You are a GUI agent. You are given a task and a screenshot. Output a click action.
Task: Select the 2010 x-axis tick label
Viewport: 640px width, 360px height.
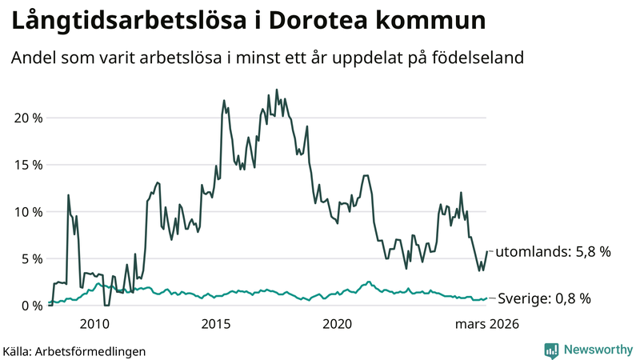(x=94, y=324)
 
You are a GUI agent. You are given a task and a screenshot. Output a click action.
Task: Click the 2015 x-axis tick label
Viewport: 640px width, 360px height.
(x=216, y=324)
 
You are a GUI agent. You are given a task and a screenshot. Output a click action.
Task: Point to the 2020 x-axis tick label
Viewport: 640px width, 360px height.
(x=337, y=324)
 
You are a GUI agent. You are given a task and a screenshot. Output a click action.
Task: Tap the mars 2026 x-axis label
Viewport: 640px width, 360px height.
(x=487, y=324)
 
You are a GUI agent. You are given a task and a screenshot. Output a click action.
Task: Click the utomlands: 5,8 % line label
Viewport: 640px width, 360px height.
(x=554, y=252)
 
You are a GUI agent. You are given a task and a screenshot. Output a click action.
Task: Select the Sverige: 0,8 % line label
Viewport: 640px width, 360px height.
(x=544, y=298)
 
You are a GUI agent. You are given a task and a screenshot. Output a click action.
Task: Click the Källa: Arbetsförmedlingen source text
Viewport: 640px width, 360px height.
(x=74, y=350)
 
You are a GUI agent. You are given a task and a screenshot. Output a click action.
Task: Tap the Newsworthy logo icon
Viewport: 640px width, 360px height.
(x=551, y=350)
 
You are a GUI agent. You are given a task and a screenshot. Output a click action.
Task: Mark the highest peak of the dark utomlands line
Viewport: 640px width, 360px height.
(x=277, y=90)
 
